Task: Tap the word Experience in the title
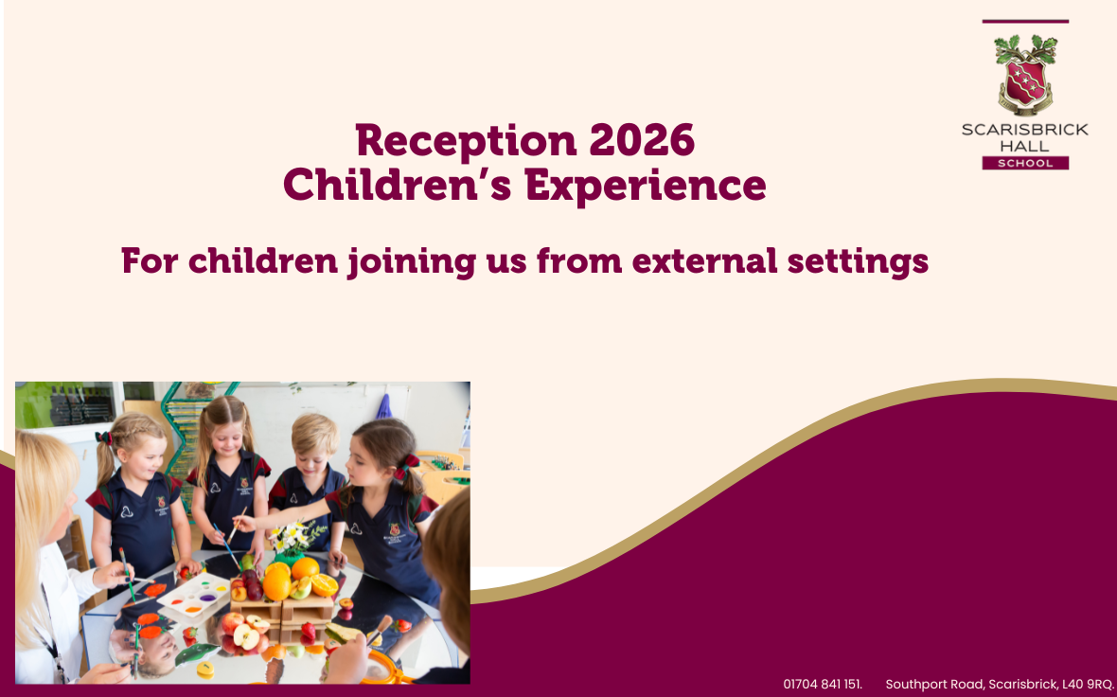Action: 646,186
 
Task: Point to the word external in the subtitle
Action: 704,260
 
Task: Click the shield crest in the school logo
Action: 1025,80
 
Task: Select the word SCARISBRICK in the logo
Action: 1025,130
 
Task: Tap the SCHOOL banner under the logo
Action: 1025,163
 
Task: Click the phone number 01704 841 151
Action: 822,684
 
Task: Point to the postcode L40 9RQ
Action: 1088,684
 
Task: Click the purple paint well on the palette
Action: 207,598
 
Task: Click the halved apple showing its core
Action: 246,636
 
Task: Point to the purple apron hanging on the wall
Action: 384,407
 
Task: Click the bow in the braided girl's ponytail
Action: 105,438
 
